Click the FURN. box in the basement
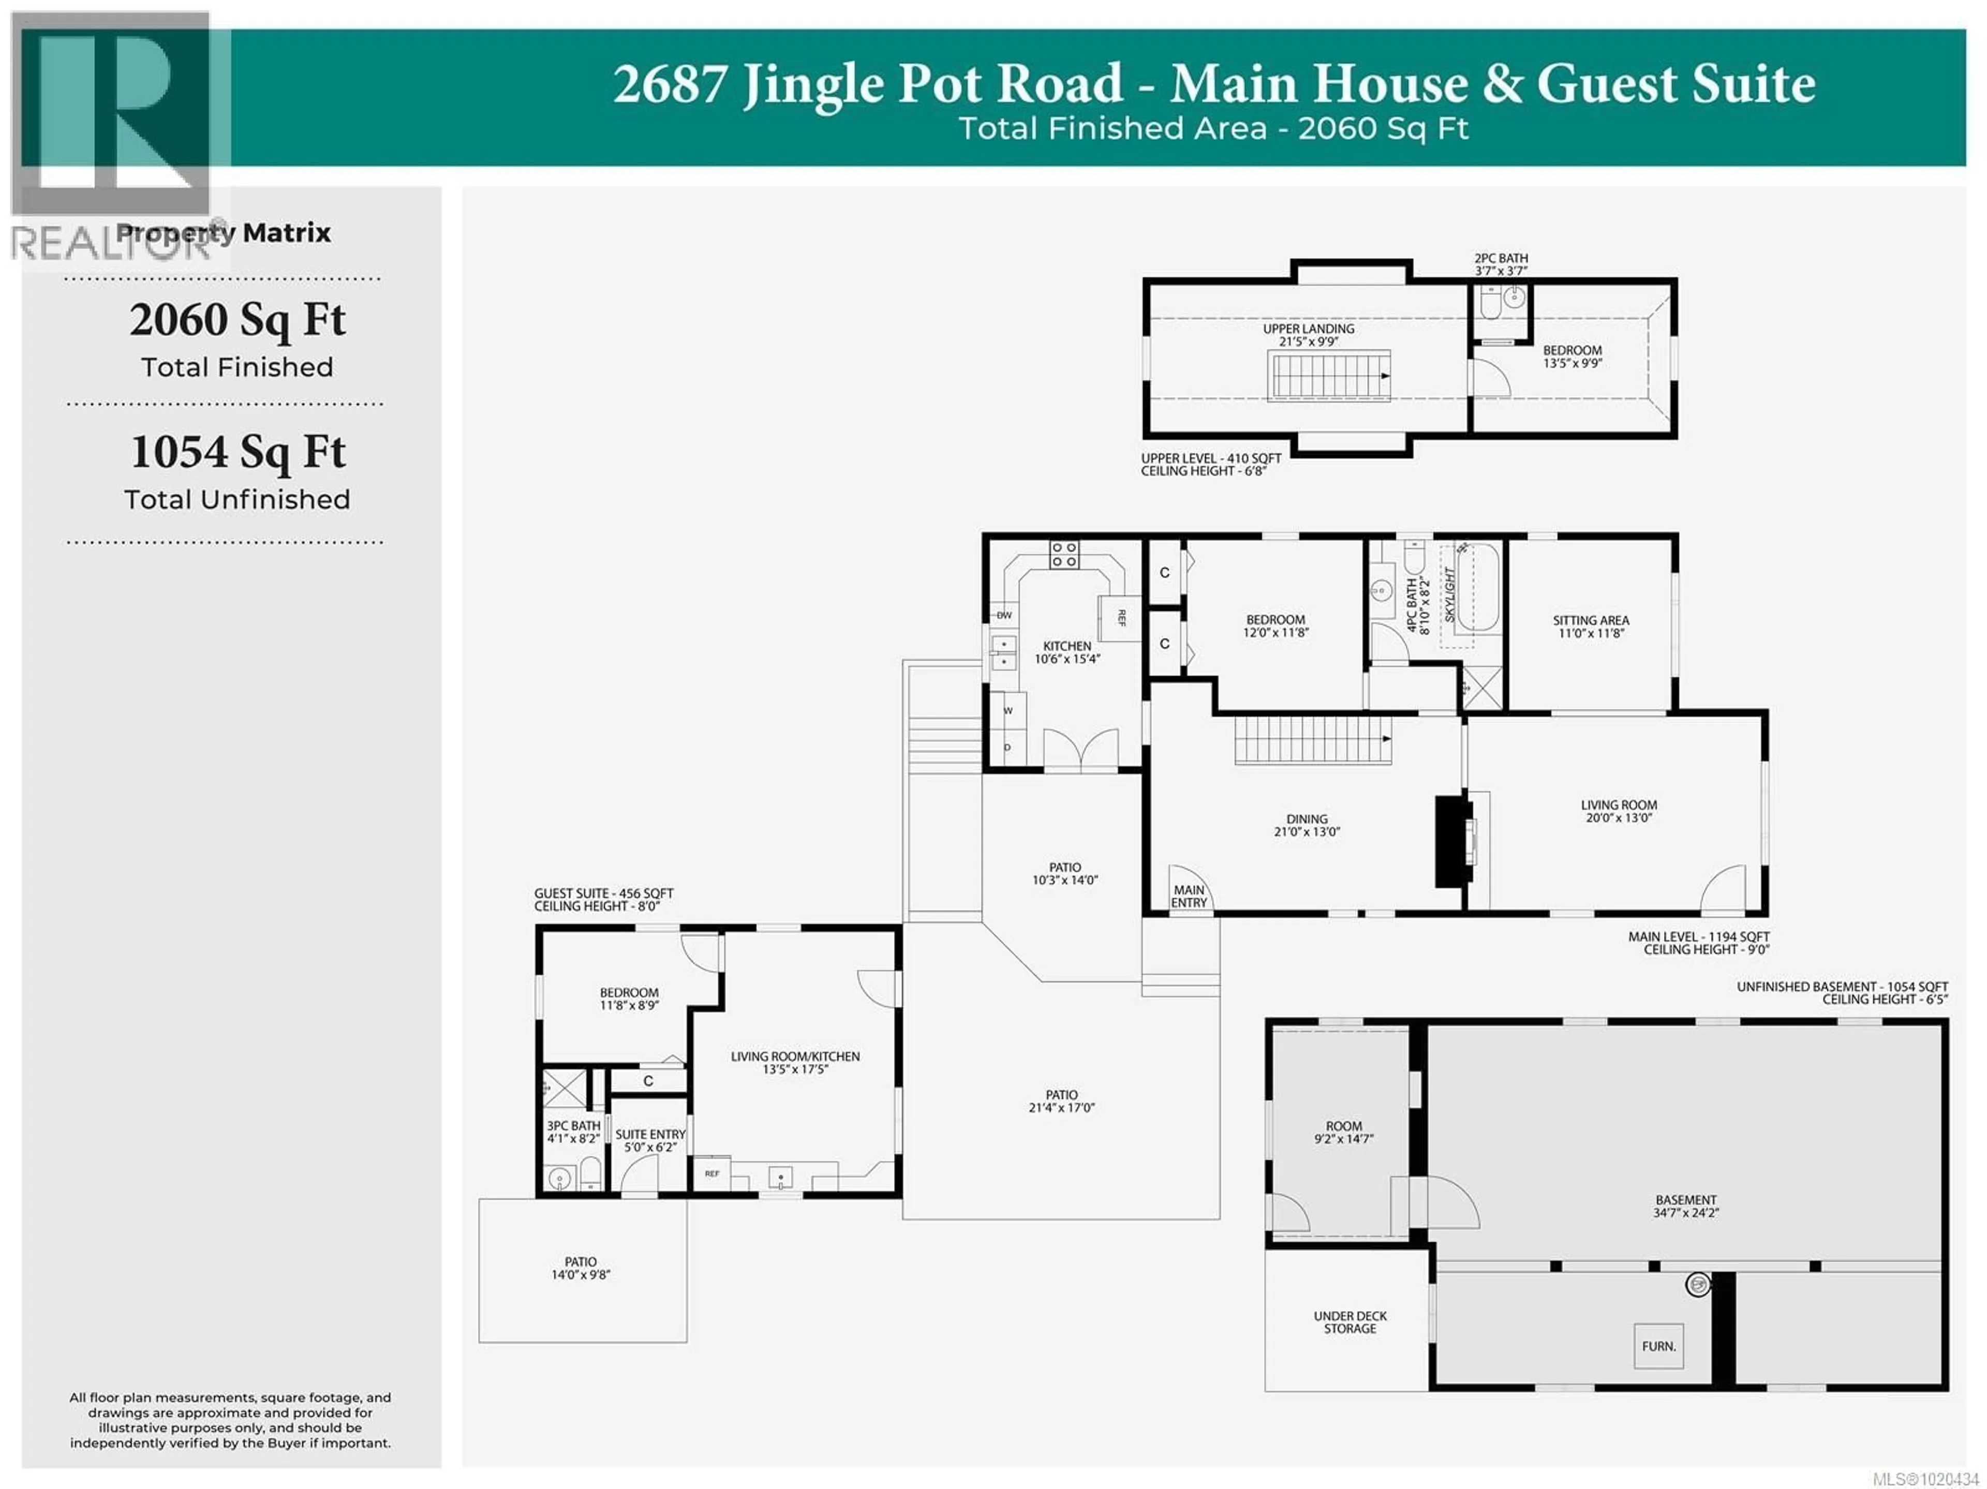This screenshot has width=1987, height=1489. (1658, 1345)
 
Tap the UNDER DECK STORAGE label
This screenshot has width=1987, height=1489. (1349, 1322)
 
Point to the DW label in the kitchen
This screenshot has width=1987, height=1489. (1003, 615)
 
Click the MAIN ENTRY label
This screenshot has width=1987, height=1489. (1189, 896)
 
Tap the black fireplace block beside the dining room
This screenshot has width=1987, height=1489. (1449, 841)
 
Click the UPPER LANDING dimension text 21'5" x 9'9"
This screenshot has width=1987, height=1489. (1309, 342)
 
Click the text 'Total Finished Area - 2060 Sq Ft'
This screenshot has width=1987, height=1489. (1213, 128)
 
